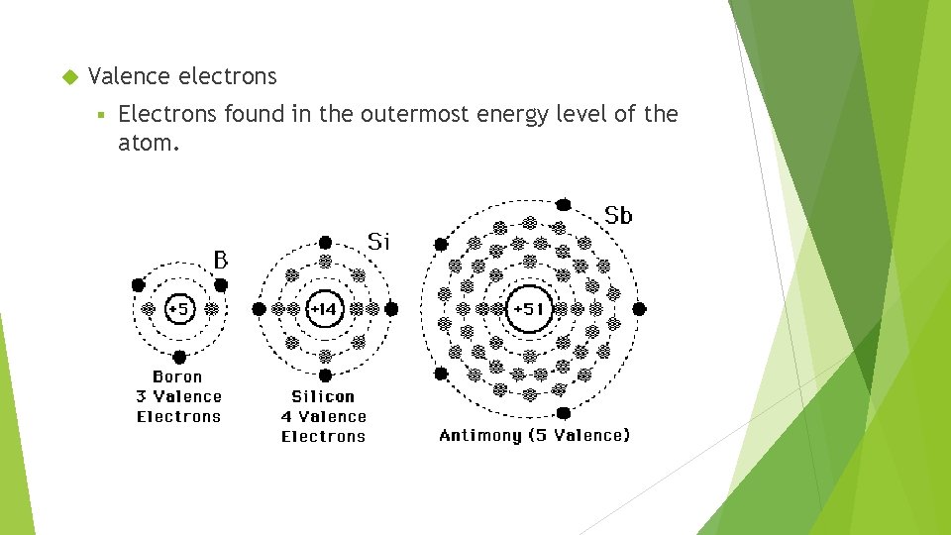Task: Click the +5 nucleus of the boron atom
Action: tap(179, 309)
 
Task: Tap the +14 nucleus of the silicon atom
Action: tap(324, 309)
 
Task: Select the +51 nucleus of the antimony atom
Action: tap(528, 309)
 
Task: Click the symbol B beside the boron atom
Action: tap(221, 260)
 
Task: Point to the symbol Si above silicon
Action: tap(378, 241)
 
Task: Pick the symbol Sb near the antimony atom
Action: tap(618, 216)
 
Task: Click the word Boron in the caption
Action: tap(178, 376)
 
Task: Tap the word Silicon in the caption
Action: tap(323, 396)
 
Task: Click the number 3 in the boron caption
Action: tap(142, 396)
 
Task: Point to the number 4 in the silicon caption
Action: tap(286, 417)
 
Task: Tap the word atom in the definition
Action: tap(147, 144)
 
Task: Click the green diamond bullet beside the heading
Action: tap(68, 76)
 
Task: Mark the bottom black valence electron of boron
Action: tap(179, 356)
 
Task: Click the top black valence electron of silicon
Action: tap(325, 242)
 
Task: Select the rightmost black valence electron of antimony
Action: tap(639, 309)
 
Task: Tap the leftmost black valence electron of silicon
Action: tap(259, 309)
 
